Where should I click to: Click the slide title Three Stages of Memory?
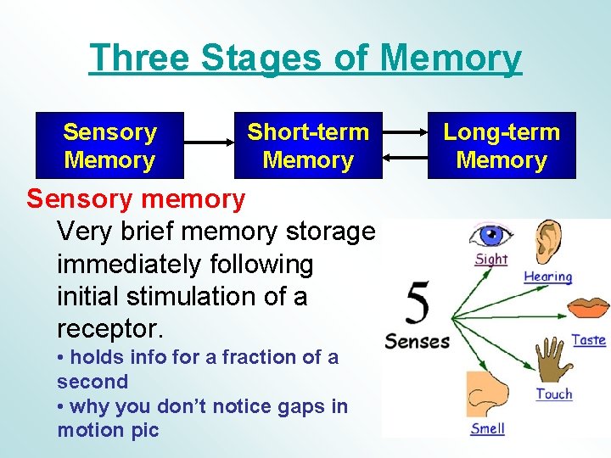point(305,59)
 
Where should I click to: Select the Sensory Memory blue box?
point(109,146)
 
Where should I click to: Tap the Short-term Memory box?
point(308,146)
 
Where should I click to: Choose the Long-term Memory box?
point(502,146)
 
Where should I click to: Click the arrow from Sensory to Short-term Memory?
point(209,146)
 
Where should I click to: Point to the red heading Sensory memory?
point(136,199)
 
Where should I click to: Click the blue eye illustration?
point(491,235)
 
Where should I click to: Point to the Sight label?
point(491,259)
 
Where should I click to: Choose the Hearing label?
point(548,276)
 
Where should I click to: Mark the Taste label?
point(588,340)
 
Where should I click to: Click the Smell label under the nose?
point(487,428)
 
